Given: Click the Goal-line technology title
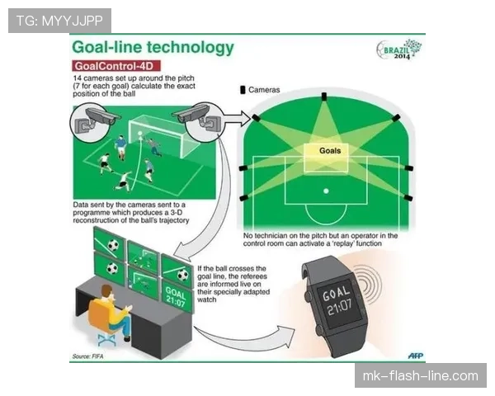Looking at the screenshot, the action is click(153, 47).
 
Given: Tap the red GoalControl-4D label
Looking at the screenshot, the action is click(116, 66).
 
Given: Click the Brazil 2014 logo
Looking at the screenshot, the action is click(399, 49).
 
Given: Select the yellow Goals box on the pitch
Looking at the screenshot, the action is click(326, 158).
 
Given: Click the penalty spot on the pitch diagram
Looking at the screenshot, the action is click(326, 191).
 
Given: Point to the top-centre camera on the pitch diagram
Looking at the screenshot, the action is click(324, 97).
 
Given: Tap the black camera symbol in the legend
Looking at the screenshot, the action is click(243, 90).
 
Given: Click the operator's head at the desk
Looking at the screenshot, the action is click(106, 292).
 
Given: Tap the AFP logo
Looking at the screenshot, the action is click(416, 356).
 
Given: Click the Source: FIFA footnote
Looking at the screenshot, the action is click(87, 356).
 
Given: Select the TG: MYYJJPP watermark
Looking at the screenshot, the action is click(59, 21).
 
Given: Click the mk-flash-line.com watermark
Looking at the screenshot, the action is click(421, 376).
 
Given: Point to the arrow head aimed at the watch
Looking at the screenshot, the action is click(285, 336).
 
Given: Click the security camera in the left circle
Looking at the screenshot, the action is click(98, 118).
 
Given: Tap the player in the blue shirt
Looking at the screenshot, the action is click(120, 147).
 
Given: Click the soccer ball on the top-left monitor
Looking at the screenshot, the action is click(113, 245).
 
